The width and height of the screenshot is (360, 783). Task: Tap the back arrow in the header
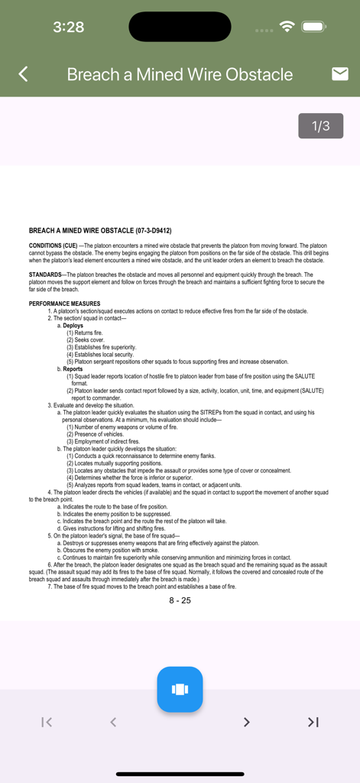pos(23,74)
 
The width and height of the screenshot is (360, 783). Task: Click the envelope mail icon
pos(340,73)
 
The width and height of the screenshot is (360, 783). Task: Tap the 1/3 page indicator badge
pos(320,126)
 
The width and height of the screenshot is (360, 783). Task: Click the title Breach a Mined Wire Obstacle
pos(180,74)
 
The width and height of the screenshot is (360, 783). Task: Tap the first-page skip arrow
pos(47,722)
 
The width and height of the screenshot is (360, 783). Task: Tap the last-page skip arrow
pos(313,722)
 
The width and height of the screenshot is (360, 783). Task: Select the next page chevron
pos(246,722)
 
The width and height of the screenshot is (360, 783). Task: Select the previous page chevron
pos(113,722)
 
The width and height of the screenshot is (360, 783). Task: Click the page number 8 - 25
pos(180,600)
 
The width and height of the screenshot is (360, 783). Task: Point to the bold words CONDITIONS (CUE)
pos(53,245)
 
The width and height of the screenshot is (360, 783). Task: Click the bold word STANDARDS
pos(45,274)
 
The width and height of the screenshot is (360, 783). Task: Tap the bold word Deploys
pos(73,326)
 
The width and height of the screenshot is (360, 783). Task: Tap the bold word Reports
pos(73,369)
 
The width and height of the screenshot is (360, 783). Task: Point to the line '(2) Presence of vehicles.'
pos(95,434)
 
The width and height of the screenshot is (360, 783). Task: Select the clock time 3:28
pos(69,28)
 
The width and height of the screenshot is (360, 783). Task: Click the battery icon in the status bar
pos(314,27)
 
